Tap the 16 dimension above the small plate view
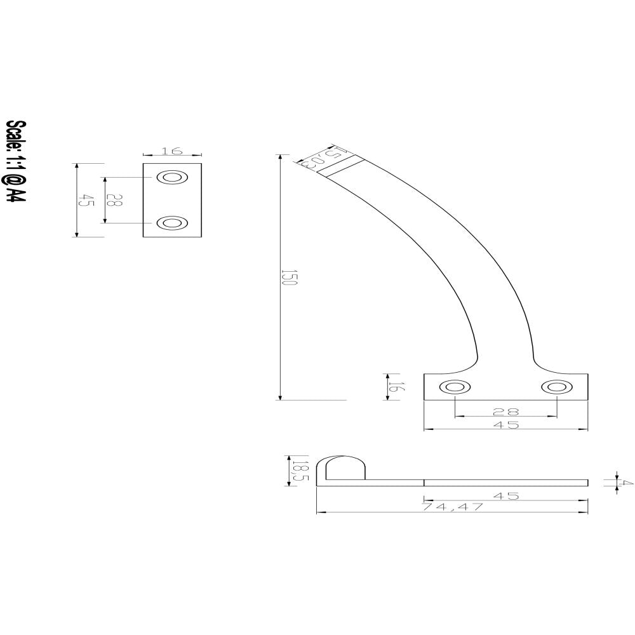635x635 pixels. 172,150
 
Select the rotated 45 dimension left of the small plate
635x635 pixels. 83,201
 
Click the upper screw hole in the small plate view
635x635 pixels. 171,178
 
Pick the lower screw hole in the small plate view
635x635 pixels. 171,223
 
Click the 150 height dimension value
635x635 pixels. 287,277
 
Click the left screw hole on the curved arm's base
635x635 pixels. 455,387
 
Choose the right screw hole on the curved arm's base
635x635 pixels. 557,387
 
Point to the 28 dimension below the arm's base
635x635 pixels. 506,411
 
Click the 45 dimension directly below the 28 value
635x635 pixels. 506,425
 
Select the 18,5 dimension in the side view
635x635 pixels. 295,471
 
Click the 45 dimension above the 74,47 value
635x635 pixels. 506,496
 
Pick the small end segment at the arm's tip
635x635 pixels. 341,166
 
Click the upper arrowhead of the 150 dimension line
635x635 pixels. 280,158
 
